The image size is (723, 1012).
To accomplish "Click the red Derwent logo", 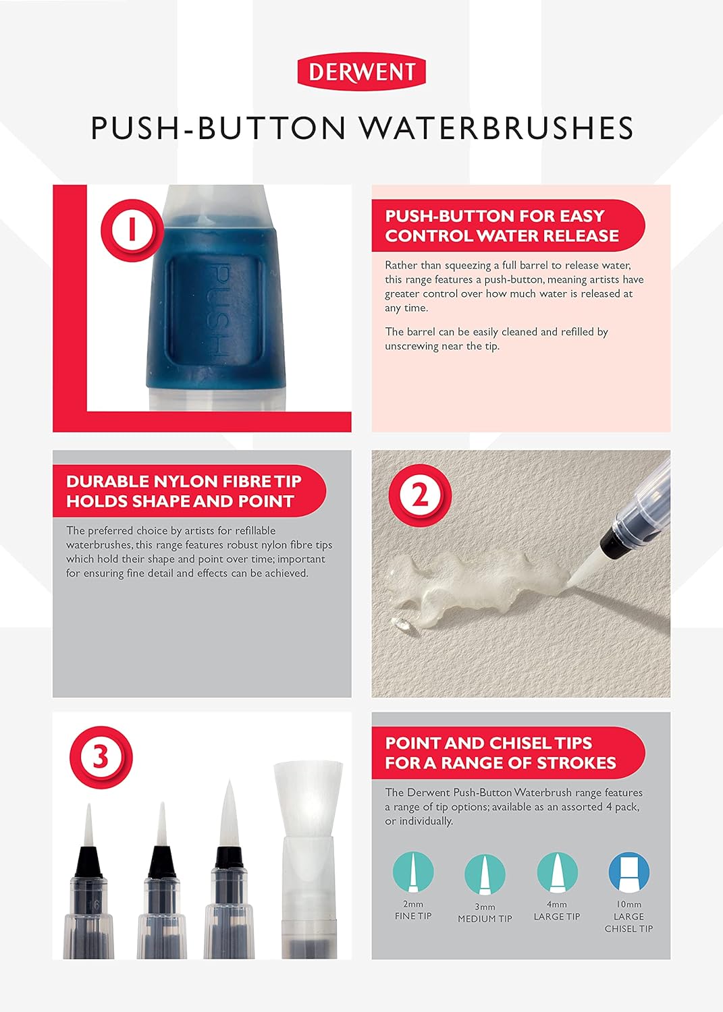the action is pos(361,73).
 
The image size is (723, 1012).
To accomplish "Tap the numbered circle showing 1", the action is pos(132,231).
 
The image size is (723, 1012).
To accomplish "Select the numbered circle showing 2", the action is pos(420,496).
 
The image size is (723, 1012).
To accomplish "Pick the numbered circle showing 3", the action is pos(101,758).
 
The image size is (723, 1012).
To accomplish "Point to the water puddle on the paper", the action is pos(475,589).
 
